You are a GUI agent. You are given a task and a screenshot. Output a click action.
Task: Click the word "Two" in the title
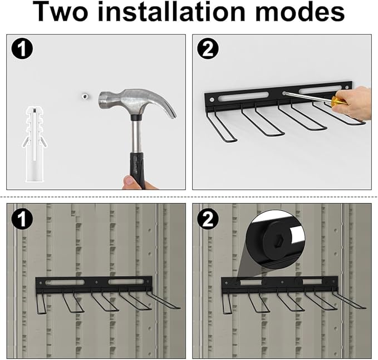click(x=71, y=13)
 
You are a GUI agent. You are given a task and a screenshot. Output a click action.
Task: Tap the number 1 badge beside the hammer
click(x=22, y=50)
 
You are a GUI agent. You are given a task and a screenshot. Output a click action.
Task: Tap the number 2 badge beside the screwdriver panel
click(x=208, y=50)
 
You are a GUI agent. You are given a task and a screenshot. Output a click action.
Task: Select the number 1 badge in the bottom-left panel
click(x=22, y=219)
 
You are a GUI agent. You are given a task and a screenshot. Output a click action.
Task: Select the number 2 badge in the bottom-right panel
click(x=208, y=219)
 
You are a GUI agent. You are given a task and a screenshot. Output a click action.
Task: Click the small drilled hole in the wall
click(x=85, y=97)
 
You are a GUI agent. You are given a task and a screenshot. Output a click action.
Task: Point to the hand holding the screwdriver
click(x=356, y=103)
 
